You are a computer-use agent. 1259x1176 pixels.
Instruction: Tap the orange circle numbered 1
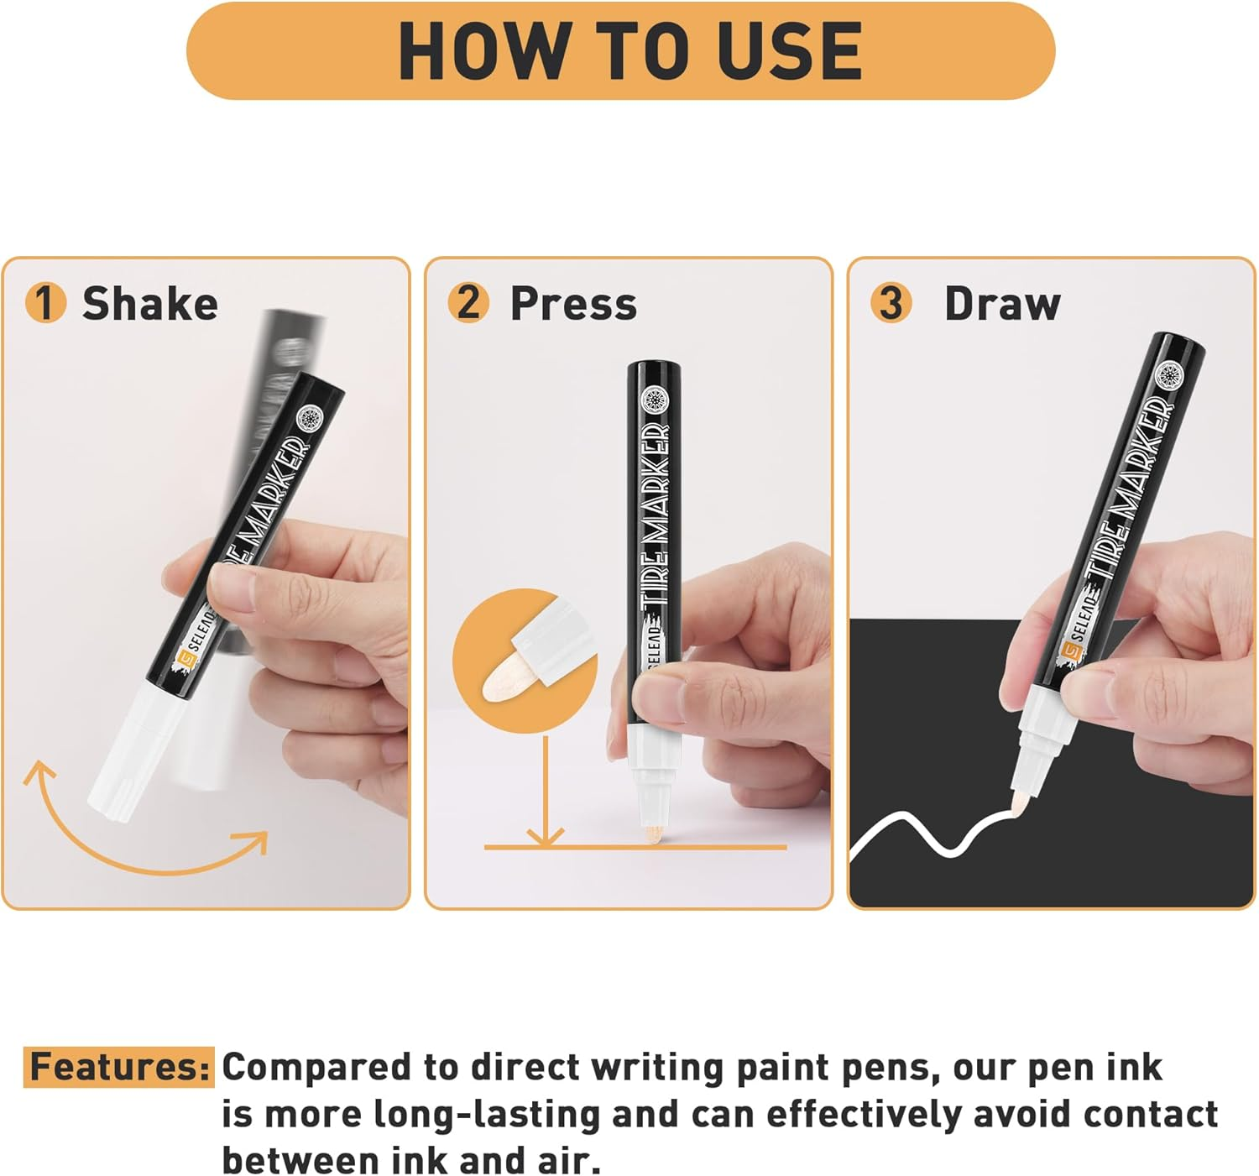coord(45,302)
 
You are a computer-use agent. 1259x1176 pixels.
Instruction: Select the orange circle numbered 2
coord(468,302)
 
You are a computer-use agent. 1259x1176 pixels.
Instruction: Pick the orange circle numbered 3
coord(891,302)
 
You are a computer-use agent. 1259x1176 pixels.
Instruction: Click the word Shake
coord(149,303)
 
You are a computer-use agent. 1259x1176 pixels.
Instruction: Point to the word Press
coord(573,303)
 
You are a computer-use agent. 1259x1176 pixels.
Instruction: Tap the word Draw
coord(1002,303)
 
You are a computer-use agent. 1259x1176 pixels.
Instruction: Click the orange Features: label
coord(118,1067)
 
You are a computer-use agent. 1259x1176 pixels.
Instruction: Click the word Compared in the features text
coord(317,1068)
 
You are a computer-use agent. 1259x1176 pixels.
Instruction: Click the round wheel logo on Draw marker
coord(1168,374)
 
